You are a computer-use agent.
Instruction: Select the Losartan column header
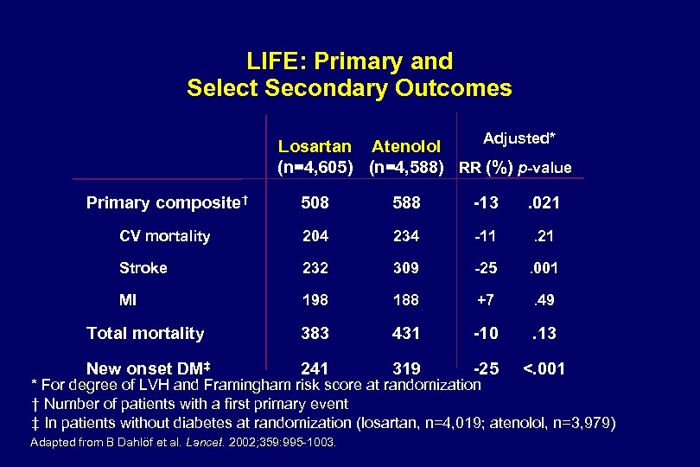tap(315, 146)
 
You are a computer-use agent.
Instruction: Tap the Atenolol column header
tap(406, 146)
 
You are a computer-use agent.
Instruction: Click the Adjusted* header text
tap(519, 138)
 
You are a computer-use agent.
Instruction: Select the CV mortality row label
tap(164, 236)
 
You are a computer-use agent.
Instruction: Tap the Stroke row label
tap(143, 268)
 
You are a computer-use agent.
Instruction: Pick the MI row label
tap(128, 301)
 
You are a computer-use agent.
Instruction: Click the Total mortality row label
tap(145, 333)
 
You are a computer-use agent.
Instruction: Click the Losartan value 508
tap(315, 203)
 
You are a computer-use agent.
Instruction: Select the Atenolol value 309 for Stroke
tap(406, 268)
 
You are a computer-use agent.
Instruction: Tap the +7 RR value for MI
tap(486, 301)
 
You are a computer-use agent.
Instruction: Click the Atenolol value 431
tap(406, 333)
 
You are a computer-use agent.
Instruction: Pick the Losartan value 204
tap(315, 236)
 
